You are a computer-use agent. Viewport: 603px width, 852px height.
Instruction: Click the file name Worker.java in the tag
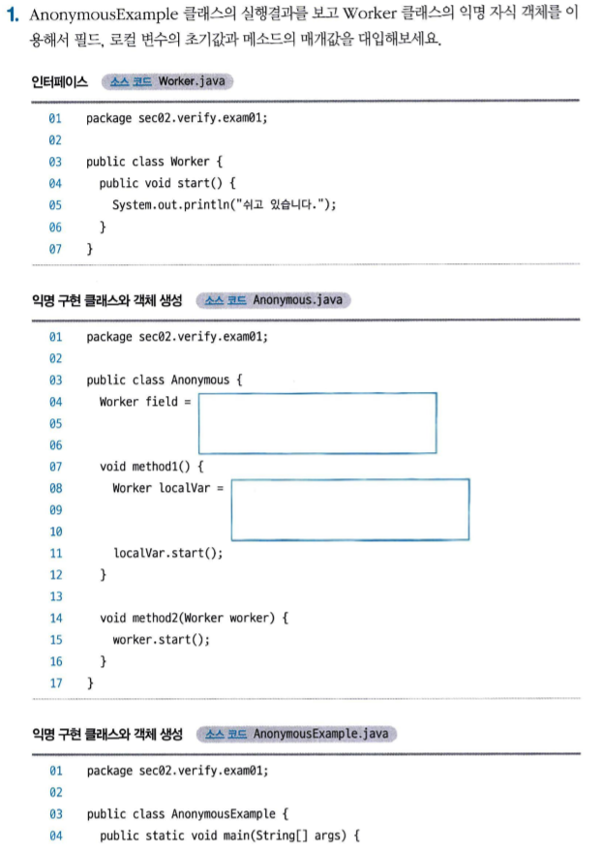192,81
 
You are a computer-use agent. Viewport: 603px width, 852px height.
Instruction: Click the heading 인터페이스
59,81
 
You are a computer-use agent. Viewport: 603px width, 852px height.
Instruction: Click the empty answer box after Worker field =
317,423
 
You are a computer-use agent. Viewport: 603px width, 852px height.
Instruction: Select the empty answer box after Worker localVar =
350,509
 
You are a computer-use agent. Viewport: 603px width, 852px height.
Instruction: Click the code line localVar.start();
167,553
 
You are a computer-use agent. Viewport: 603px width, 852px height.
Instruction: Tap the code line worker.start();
161,640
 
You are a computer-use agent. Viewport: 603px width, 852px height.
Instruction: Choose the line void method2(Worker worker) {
194,618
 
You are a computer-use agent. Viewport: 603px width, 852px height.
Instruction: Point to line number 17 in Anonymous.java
55,684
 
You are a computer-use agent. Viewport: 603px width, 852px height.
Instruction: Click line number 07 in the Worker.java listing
55,249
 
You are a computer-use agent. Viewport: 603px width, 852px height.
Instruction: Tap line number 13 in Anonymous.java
55,596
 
